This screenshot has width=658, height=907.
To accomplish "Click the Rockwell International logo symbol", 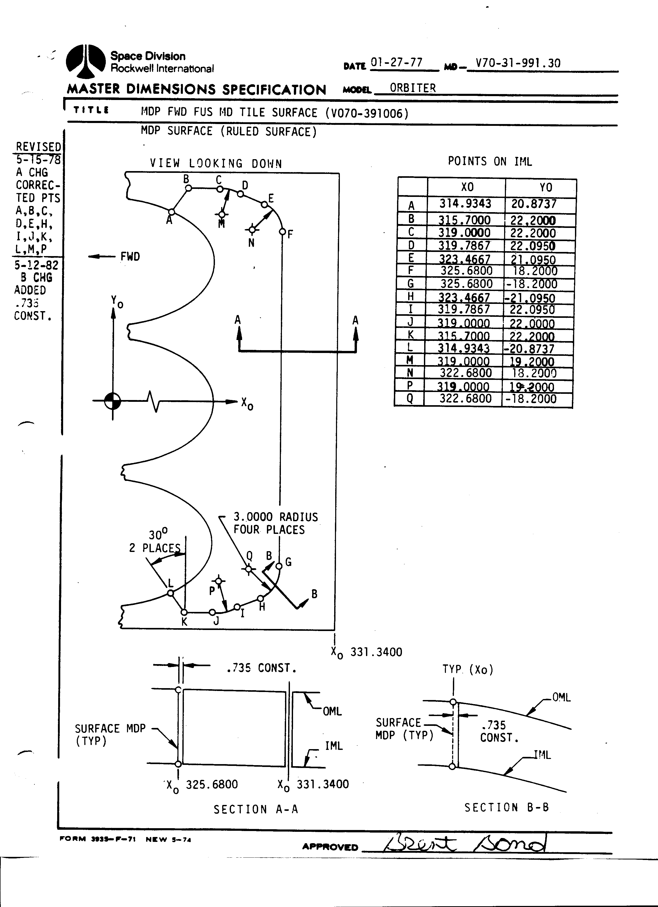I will click(x=85, y=61).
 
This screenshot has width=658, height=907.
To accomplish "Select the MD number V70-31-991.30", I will click(x=518, y=63).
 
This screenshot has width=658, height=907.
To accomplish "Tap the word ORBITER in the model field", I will click(x=413, y=88).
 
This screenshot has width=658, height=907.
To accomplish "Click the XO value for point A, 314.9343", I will click(x=465, y=204).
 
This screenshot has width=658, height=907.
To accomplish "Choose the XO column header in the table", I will click(x=467, y=187).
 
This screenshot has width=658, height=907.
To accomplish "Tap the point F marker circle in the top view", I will click(x=282, y=232).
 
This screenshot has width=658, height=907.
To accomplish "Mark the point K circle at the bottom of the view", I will click(x=184, y=612).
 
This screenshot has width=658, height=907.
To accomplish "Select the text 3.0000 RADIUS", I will click(x=275, y=517).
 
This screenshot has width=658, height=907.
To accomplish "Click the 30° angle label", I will click(x=158, y=535).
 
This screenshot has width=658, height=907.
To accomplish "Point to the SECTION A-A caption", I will click(x=256, y=809).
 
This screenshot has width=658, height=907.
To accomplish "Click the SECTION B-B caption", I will click(x=506, y=808).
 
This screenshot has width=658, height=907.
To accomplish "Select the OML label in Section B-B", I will click(x=561, y=697).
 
